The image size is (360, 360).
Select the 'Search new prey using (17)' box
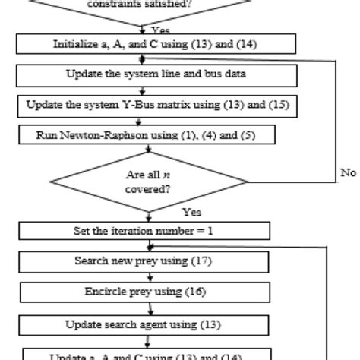pyautogui.click(x=152, y=261)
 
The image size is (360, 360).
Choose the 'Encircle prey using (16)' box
pyautogui.click(x=152, y=292)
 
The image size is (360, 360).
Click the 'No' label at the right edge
pyautogui.click(x=348, y=172)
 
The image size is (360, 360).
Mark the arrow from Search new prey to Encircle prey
pyautogui.click(x=152, y=277)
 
